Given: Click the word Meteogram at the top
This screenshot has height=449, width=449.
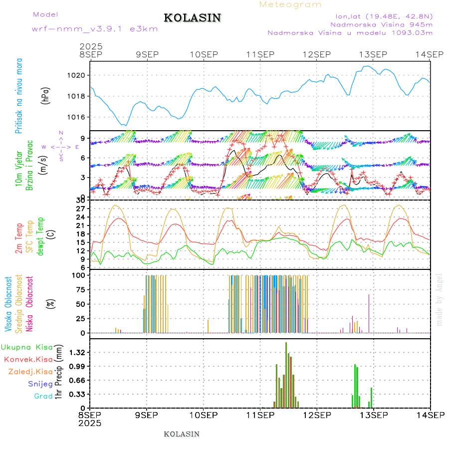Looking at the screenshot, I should [x=290, y=4].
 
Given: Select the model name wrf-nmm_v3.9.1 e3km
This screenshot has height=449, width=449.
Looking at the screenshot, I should [x=94, y=29].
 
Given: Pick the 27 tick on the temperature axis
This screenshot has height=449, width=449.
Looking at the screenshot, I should [x=82, y=208].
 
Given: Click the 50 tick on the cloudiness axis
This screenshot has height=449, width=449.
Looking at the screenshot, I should [x=82, y=304].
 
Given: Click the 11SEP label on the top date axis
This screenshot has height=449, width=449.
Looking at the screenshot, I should [x=259, y=54].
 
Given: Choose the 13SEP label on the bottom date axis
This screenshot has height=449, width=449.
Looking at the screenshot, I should [x=373, y=415].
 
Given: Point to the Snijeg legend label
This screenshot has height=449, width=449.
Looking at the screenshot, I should [x=40, y=384].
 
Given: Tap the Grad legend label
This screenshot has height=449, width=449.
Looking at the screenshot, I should [x=43, y=396].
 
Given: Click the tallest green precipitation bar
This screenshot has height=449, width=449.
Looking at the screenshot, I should [x=286, y=374].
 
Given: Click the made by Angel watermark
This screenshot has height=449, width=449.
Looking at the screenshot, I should [x=440, y=299].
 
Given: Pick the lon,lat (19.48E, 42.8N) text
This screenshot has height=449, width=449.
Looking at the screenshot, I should [x=384, y=15].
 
